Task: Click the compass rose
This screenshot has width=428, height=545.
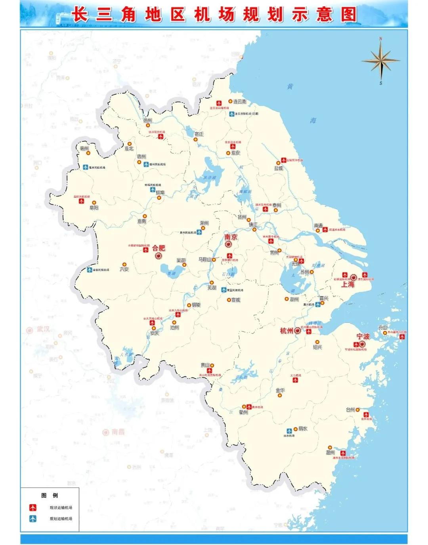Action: (x=380, y=60)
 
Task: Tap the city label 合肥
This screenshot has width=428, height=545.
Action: (x=159, y=248)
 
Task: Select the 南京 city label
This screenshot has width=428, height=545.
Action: (x=231, y=237)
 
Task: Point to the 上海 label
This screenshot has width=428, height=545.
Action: (x=348, y=284)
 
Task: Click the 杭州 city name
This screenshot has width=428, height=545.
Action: (x=286, y=331)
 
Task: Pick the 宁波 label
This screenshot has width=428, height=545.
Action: (x=363, y=336)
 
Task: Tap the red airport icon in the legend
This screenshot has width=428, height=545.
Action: (x=33, y=507)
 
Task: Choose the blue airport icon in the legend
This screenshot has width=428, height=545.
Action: (x=33, y=518)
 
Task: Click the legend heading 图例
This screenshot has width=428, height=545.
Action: (x=50, y=495)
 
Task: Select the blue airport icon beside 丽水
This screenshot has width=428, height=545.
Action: (x=289, y=431)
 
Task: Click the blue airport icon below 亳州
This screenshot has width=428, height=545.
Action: (x=86, y=167)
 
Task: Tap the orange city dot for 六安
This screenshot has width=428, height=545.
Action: (x=124, y=264)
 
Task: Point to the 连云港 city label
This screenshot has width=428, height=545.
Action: (x=239, y=101)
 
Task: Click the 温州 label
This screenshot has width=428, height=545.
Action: (x=330, y=452)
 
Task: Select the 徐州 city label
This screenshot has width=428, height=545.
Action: (x=147, y=120)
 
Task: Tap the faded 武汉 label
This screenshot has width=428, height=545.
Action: (x=43, y=329)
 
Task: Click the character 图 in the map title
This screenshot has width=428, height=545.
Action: (x=348, y=15)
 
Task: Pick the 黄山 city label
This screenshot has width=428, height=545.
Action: (x=204, y=365)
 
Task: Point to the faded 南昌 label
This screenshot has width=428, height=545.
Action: (x=118, y=432)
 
